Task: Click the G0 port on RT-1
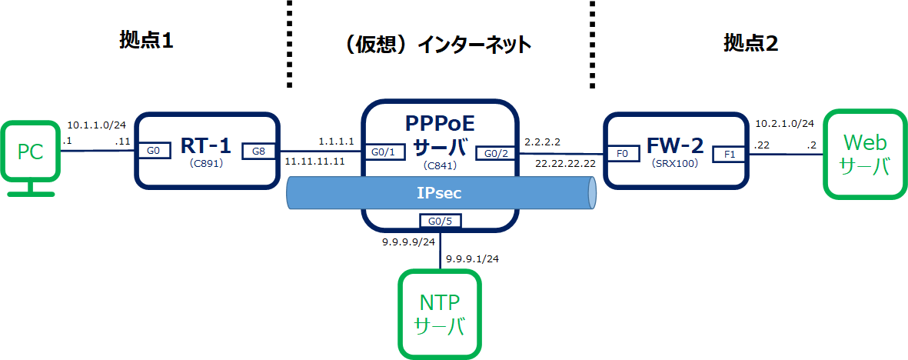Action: click(x=154, y=151)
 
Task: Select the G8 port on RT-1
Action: click(x=258, y=151)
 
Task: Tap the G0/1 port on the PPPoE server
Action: click(x=382, y=151)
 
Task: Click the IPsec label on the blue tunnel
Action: click(x=440, y=193)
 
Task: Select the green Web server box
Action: click(x=865, y=153)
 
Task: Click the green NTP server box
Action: click(x=439, y=314)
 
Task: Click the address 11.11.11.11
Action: click(x=314, y=162)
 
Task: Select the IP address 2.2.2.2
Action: click(x=542, y=142)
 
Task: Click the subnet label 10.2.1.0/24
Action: click(x=783, y=123)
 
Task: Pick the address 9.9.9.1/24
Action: click(x=473, y=258)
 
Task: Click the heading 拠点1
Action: click(x=146, y=42)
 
